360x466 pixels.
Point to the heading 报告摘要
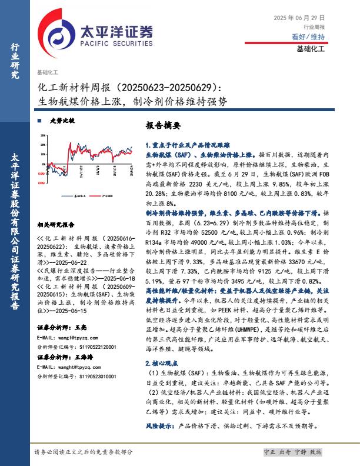(162, 126)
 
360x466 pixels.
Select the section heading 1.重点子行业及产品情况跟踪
(187, 144)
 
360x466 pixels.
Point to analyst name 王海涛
(86, 357)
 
